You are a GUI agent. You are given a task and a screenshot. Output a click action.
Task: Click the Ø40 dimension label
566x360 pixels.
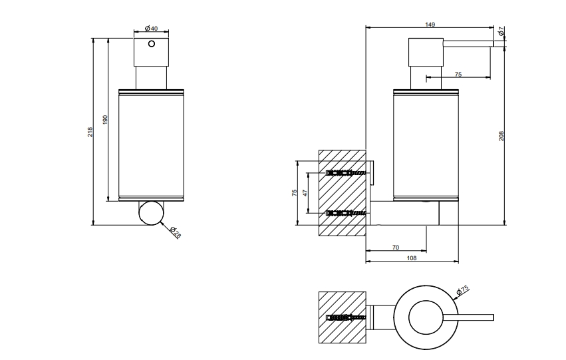(151, 28)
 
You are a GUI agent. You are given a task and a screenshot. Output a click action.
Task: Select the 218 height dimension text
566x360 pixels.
(90, 132)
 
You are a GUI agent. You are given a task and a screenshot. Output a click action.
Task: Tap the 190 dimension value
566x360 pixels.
(105, 120)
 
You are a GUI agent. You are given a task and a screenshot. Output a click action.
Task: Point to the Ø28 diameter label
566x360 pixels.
(175, 232)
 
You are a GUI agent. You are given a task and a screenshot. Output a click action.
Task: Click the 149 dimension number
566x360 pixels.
(430, 25)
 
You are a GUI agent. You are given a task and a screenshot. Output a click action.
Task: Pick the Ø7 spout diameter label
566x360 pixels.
(501, 31)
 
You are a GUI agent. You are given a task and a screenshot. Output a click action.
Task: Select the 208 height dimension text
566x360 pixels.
(501, 136)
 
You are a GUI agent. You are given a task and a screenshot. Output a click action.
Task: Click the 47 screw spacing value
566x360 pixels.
(305, 192)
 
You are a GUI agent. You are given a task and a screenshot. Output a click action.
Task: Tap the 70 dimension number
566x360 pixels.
(396, 248)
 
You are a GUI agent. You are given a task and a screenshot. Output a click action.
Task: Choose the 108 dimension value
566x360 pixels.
(412, 258)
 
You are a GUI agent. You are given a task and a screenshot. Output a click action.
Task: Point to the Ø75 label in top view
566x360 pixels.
(462, 290)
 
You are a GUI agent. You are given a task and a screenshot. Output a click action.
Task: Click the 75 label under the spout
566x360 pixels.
(458, 75)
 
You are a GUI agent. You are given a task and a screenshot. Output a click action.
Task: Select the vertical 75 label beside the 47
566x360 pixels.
(295, 193)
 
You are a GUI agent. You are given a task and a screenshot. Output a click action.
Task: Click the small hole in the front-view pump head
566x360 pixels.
(152, 44)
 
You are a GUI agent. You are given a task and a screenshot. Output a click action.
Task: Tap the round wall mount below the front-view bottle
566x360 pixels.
(151, 213)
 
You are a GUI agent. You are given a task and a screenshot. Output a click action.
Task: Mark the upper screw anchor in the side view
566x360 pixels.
(346, 173)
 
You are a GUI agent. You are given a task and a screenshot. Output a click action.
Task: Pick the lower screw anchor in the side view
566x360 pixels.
(346, 213)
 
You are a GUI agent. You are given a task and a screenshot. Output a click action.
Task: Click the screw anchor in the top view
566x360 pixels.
(346, 318)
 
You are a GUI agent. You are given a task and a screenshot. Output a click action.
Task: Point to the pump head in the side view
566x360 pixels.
(426, 53)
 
